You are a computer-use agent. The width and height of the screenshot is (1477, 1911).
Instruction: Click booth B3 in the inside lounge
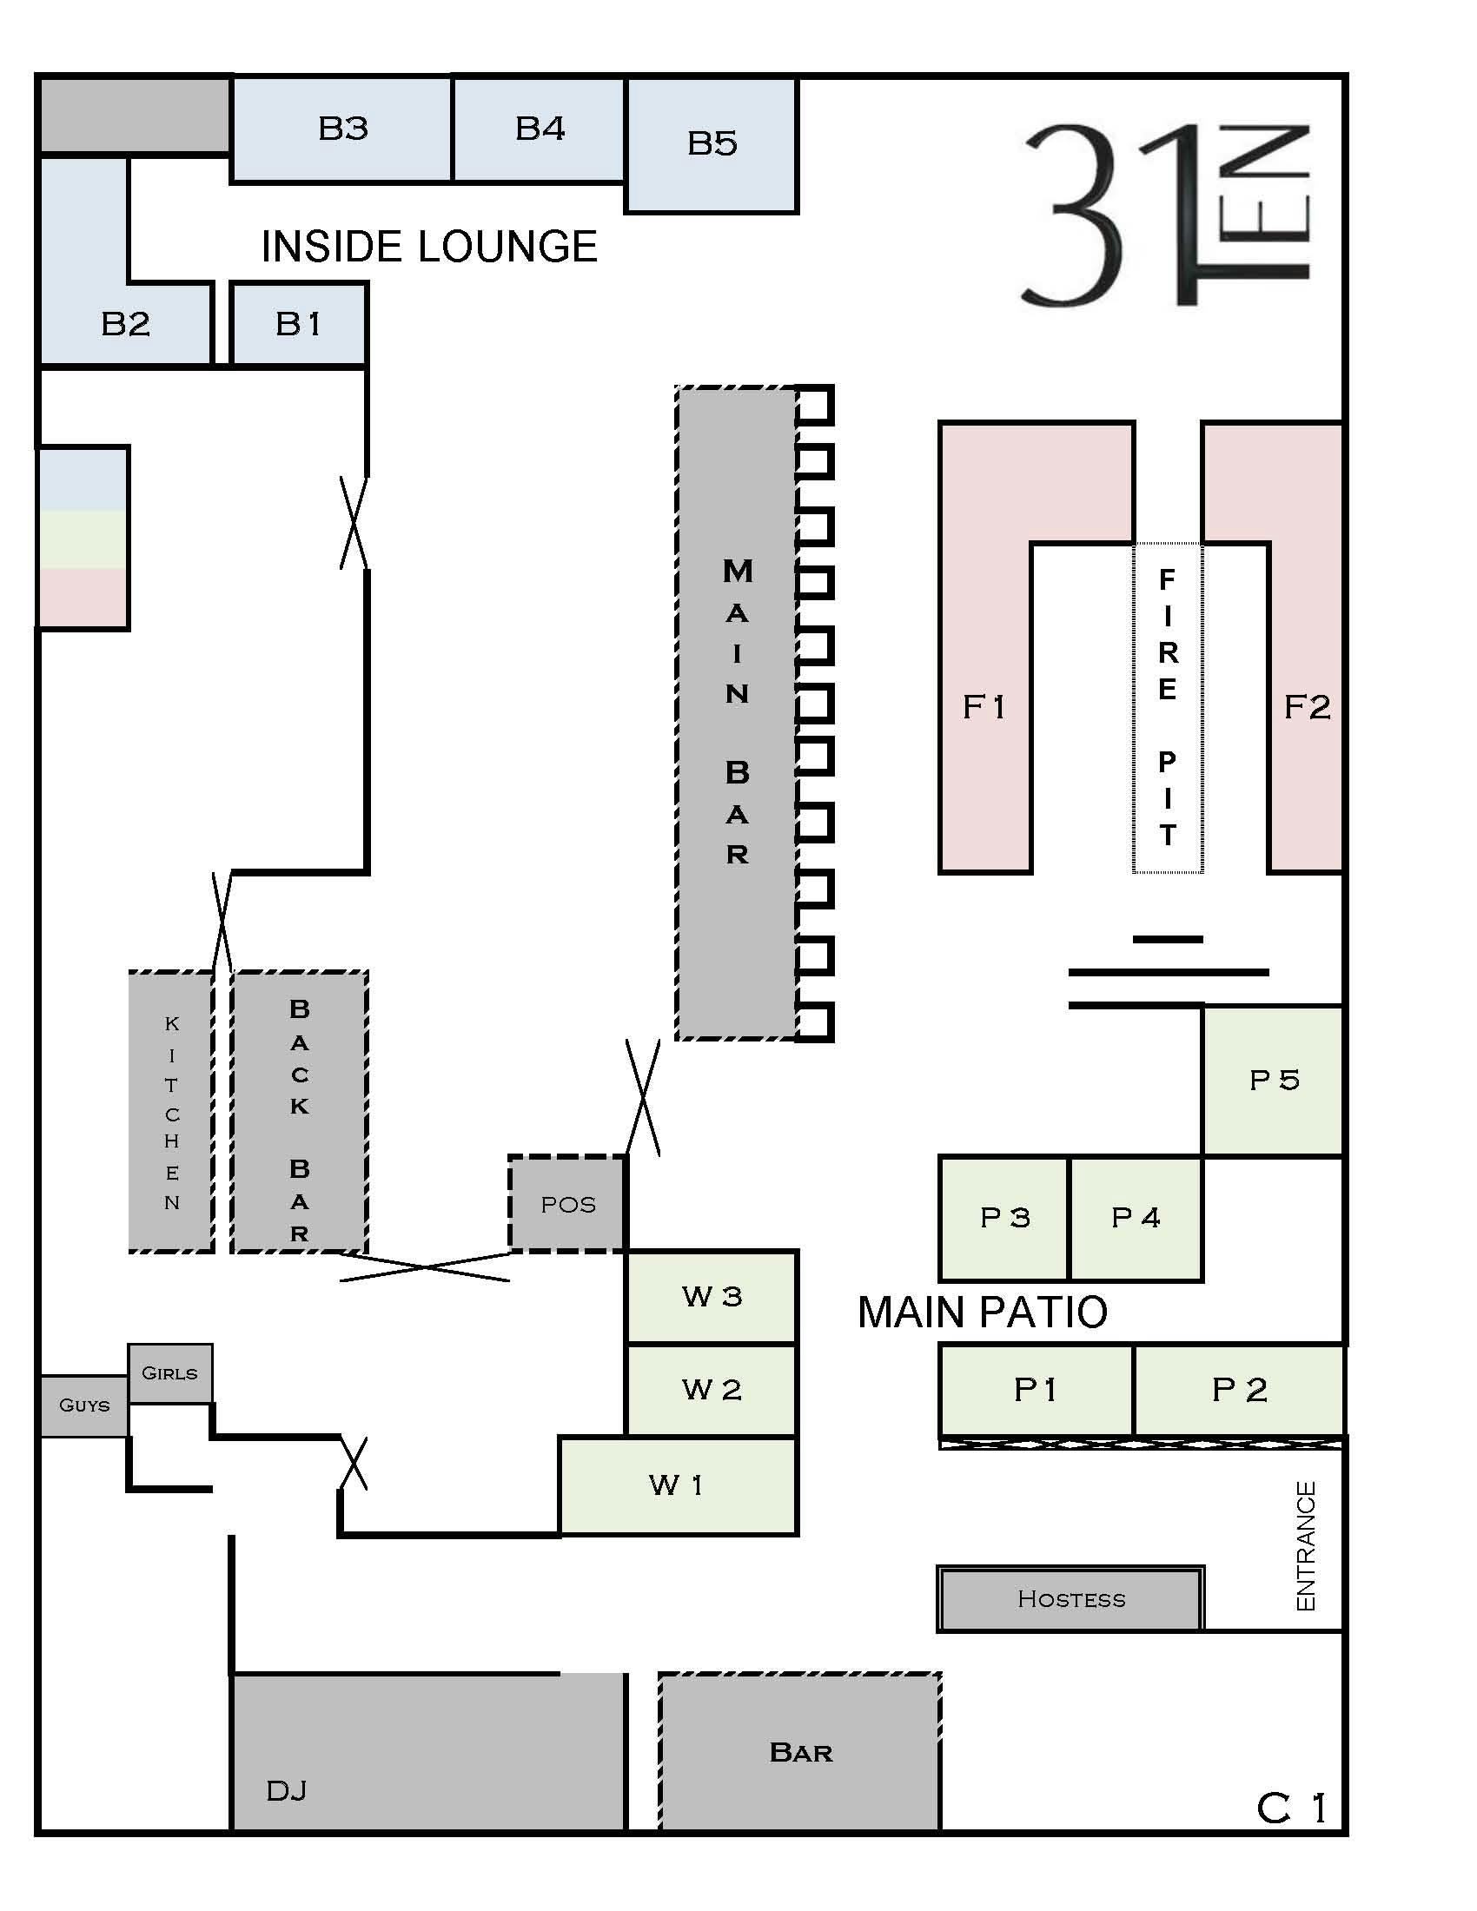(x=341, y=129)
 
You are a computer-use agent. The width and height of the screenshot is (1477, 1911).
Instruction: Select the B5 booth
(x=712, y=144)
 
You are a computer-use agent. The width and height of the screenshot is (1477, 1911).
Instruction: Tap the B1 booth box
(x=298, y=324)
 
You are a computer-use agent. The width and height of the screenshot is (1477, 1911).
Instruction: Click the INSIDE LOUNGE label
(x=428, y=247)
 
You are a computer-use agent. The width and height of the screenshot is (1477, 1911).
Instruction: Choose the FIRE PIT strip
(x=1168, y=707)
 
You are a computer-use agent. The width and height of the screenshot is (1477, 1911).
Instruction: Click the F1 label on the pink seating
(x=984, y=707)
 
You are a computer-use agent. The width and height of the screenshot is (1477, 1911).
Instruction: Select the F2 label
(x=1308, y=707)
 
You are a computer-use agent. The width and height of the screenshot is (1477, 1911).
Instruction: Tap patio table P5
(x=1273, y=1081)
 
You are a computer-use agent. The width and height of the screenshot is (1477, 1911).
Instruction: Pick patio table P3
(x=1004, y=1218)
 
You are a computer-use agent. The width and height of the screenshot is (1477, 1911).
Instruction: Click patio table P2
(x=1239, y=1390)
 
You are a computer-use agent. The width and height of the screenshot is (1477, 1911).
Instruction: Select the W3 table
(x=712, y=1297)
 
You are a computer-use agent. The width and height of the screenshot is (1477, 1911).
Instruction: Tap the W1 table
(x=679, y=1484)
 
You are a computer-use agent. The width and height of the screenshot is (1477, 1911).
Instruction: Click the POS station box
(x=568, y=1204)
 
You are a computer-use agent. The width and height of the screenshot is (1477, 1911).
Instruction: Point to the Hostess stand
(x=1070, y=1598)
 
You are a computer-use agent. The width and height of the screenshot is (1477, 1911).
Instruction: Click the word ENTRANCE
(x=1306, y=1545)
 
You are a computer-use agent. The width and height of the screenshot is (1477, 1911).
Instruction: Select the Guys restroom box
(x=85, y=1405)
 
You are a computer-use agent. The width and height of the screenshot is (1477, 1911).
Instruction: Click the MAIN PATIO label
(x=983, y=1313)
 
